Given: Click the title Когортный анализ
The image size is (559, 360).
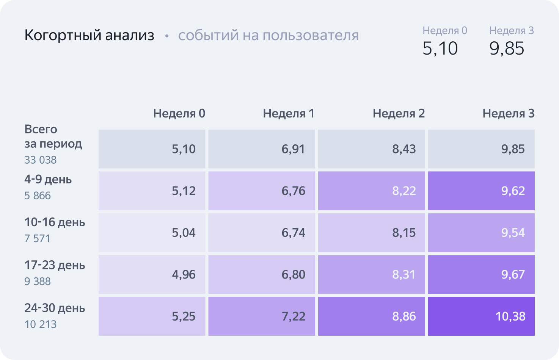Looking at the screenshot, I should click(x=89, y=35).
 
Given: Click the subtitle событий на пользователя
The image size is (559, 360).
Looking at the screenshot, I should click(x=268, y=35).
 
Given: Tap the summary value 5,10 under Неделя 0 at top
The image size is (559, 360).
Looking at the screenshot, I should click(x=440, y=49).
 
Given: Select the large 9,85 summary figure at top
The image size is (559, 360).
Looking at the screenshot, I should click(x=507, y=49).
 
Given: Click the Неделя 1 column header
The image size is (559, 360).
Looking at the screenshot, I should click(x=289, y=113).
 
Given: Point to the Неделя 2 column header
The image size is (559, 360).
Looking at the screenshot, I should click(x=399, y=113).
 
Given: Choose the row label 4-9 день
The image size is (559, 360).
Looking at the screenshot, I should click(x=48, y=179).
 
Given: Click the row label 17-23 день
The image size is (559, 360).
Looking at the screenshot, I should click(x=55, y=265).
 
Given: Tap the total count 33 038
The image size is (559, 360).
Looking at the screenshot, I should click(x=40, y=160).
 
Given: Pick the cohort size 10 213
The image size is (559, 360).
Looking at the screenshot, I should click(x=40, y=324).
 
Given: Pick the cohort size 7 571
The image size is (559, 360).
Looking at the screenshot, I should click(x=37, y=239).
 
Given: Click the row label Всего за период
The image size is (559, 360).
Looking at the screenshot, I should click(x=53, y=136).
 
